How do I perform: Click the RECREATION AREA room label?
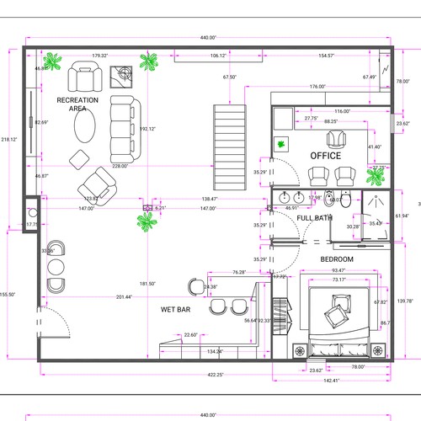pyautogui.click(x=77, y=104)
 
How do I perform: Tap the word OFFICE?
pyautogui.click(x=325, y=156)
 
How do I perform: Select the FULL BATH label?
pyautogui.click(x=314, y=218)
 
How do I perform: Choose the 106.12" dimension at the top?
pyautogui.click(x=217, y=56)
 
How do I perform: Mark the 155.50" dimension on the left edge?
pyautogui.click(x=8, y=294)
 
